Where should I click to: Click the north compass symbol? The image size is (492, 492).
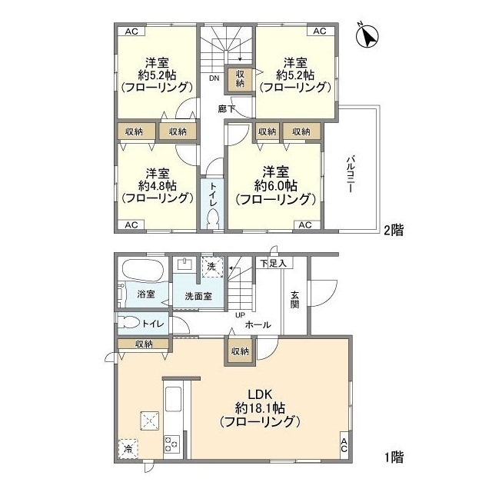tap(368, 35)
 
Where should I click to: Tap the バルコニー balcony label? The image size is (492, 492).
tap(349, 173)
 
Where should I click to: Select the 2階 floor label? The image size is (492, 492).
tap(394, 229)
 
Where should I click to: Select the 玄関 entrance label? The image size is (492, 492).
tap(296, 298)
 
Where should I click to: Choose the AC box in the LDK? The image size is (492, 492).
tap(344, 444)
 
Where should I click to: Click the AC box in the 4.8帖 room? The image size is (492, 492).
tap(131, 225)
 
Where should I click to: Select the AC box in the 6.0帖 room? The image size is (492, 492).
tap(304, 225)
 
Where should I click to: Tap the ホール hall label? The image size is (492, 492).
tap(258, 325)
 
